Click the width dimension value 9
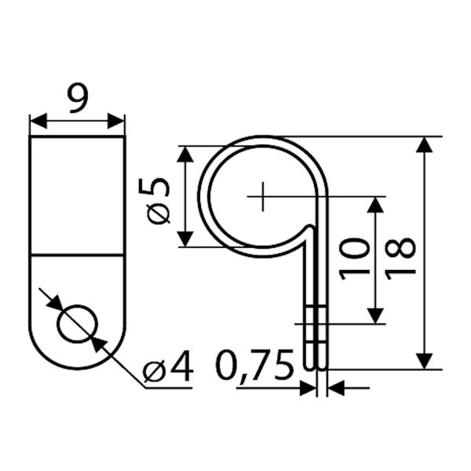[78, 99]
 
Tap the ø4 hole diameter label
[168, 366]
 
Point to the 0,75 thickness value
[254, 366]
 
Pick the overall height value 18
[400, 259]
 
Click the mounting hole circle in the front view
[78, 323]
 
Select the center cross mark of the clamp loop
[263, 196]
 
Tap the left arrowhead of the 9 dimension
[38, 121]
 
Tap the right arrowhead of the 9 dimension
[116, 121]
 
